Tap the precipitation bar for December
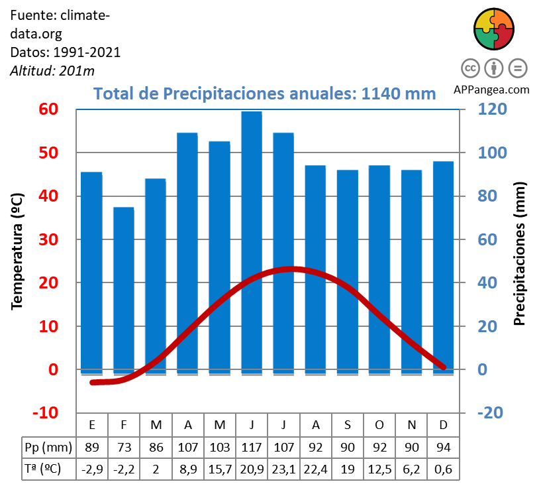pos(443,265)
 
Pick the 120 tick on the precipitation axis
pos(492,109)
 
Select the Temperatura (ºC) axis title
pos(18,252)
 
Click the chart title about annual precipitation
pos(265,93)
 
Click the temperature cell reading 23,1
pos(283,469)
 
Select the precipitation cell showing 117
pos(252,447)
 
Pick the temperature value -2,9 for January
pos(92,469)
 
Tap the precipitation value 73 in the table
pos(124,447)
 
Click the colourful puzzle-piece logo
pos(494,29)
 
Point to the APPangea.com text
pos(492,90)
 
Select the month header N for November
pos(411,424)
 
